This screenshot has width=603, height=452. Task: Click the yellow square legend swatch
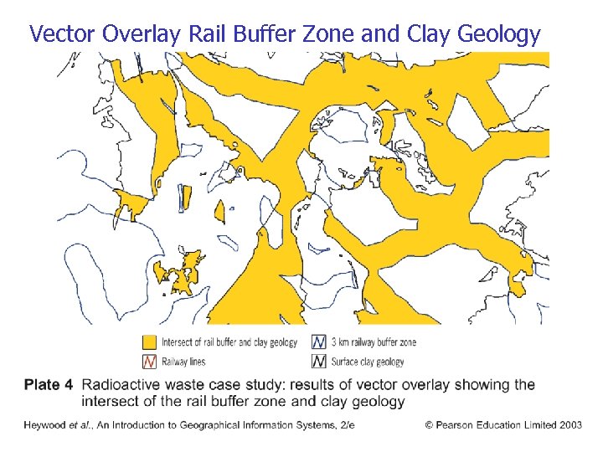point(149,342)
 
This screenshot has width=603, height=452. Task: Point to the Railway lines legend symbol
point(149,362)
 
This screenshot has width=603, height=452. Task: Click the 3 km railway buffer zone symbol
point(318,342)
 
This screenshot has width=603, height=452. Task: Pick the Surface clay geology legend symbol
point(318,362)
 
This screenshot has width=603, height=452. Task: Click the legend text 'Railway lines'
point(183,362)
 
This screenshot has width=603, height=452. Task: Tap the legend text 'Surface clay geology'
point(367,362)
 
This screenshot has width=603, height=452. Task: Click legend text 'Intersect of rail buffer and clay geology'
point(229,342)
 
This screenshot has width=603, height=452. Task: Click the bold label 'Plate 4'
point(49,385)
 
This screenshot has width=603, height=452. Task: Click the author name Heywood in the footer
point(44,425)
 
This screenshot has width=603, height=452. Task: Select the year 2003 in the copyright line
point(569,425)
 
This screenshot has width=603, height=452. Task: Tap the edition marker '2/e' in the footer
point(346,425)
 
